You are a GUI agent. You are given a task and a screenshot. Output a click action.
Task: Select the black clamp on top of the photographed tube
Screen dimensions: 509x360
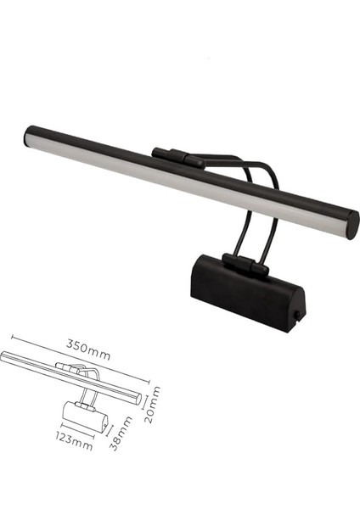pyautogui.click(x=177, y=157)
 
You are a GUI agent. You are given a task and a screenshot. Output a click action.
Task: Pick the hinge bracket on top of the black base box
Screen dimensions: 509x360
pyautogui.click(x=245, y=264)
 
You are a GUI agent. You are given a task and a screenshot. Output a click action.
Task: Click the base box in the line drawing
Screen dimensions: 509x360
pyautogui.click(x=85, y=415)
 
